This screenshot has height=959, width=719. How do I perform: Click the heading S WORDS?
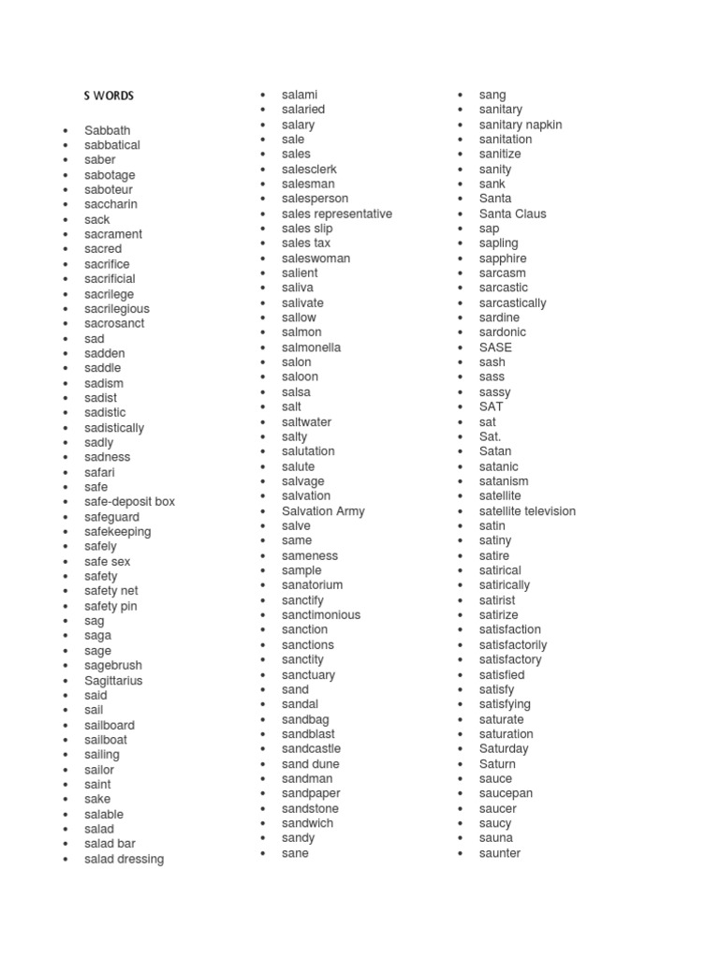tap(109, 96)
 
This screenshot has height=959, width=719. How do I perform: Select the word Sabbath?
tap(107, 130)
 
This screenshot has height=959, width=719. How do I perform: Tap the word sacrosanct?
tap(114, 323)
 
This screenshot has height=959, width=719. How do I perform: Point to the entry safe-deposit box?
tap(129, 501)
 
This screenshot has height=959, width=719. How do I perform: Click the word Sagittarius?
tap(113, 680)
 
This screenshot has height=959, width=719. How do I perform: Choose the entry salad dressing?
tap(124, 859)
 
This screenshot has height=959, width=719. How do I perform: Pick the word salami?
tap(300, 95)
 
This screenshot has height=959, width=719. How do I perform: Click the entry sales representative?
tap(337, 214)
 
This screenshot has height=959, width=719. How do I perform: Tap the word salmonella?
tap(311, 347)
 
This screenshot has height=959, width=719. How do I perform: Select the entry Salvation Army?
tap(323, 510)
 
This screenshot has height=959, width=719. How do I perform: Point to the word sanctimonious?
tap(321, 614)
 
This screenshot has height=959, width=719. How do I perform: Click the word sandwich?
tap(307, 823)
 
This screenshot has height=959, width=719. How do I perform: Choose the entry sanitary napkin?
tap(521, 125)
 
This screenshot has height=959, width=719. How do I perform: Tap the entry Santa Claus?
tap(512, 214)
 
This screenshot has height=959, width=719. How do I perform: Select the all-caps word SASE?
tap(495, 347)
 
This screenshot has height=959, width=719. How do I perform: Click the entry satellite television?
tap(527, 510)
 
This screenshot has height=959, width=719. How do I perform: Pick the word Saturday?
tap(504, 748)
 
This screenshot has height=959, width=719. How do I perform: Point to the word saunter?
tap(499, 853)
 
